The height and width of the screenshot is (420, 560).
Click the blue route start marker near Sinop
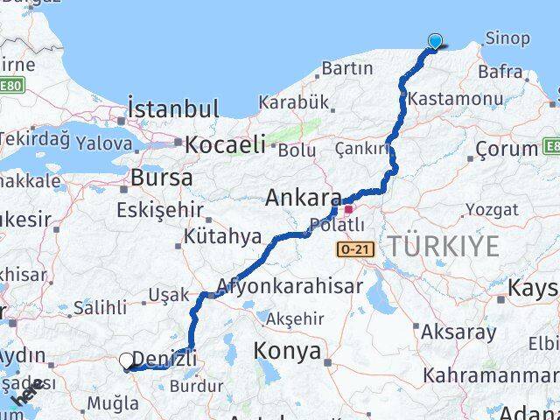click(435, 40)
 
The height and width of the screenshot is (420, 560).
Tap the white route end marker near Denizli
click(127, 360)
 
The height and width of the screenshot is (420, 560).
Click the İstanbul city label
click(172, 109)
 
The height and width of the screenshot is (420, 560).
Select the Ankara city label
click(303, 199)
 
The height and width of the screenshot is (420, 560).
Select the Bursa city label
click(161, 177)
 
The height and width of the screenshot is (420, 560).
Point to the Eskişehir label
click(159, 210)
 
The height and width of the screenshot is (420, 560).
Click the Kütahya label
click(222, 236)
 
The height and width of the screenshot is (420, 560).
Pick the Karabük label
click(299, 102)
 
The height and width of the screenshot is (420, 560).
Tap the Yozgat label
click(492, 209)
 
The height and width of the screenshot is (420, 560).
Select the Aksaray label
click(458, 332)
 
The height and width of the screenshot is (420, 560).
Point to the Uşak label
click(168, 296)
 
